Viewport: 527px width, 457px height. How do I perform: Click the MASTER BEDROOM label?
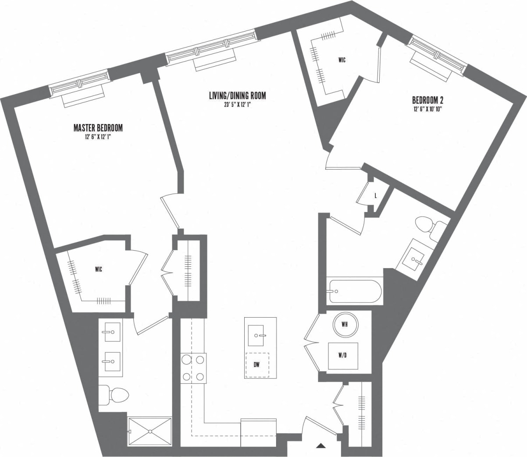[98, 128]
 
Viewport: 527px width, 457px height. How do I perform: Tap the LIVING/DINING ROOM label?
[237, 96]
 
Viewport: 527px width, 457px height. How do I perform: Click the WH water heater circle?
[345, 325]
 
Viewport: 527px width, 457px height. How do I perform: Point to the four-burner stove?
[193, 368]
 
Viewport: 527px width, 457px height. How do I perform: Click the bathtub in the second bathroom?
[355, 291]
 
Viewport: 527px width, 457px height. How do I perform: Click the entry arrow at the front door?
[321, 446]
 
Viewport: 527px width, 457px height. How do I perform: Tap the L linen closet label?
[375, 196]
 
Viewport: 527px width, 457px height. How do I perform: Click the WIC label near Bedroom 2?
[342, 60]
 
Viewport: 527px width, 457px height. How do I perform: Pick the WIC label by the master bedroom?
[98, 269]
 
